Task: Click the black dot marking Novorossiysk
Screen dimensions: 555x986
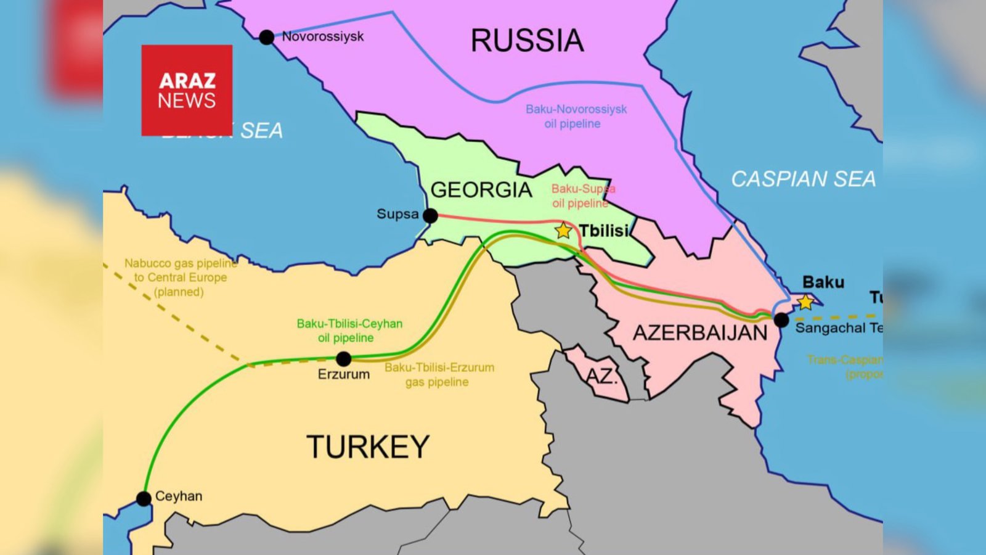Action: click(266, 38)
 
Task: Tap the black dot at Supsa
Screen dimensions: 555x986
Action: click(431, 216)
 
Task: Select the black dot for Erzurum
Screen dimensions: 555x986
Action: click(344, 358)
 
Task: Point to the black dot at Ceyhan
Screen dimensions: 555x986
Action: click(144, 498)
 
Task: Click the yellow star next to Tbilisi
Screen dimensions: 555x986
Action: click(563, 231)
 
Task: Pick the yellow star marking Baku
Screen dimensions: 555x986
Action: click(805, 302)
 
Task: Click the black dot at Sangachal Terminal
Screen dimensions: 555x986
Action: click(781, 320)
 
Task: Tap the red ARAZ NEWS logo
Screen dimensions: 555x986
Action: click(187, 90)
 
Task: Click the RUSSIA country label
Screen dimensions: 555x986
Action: click(527, 41)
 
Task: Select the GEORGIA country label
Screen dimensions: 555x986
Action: click(481, 190)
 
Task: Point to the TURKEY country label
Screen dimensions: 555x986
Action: click(368, 447)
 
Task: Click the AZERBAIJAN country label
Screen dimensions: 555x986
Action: click(700, 333)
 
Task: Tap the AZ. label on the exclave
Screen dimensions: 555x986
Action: click(600, 376)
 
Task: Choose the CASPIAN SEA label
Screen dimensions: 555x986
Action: click(803, 179)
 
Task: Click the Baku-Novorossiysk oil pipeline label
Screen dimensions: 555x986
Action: click(576, 117)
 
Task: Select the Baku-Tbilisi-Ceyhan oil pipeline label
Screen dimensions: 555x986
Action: click(349, 331)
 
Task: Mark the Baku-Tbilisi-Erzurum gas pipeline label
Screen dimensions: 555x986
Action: click(439, 374)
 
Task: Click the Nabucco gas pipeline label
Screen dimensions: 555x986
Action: click(180, 277)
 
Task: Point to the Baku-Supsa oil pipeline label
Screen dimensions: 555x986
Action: click(582, 196)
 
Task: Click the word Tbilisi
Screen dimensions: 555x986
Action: click(603, 231)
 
